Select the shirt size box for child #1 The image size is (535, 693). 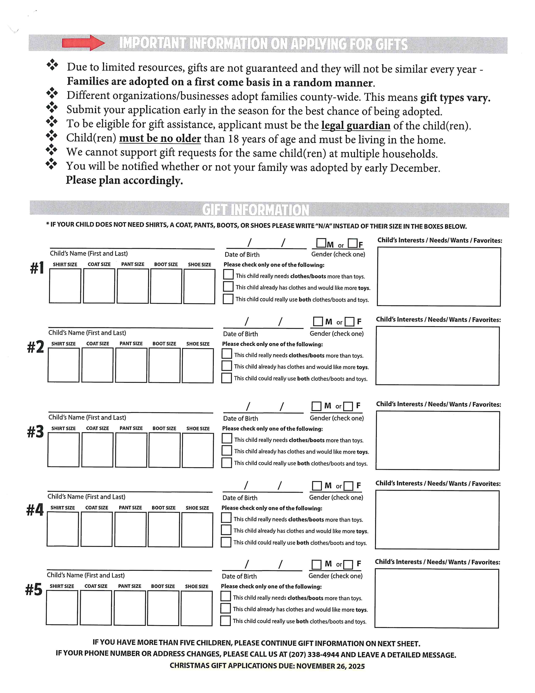pyautogui.click(x=65, y=286)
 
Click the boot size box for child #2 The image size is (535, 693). pyautogui.click(x=164, y=365)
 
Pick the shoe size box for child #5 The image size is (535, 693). pyautogui.click(x=197, y=608)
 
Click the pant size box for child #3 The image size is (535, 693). pyautogui.click(x=131, y=450)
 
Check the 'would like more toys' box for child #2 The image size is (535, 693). pyautogui.click(x=227, y=366)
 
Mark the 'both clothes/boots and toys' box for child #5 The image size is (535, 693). pyautogui.click(x=225, y=621)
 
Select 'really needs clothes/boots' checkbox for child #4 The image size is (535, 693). pyautogui.click(x=226, y=518)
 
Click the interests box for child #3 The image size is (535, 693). pyautogui.click(x=437, y=440)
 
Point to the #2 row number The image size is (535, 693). pyautogui.click(x=35, y=347)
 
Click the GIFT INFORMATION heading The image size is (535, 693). pyautogui.click(x=256, y=210)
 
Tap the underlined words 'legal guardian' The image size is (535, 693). pyautogui.click(x=356, y=126)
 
